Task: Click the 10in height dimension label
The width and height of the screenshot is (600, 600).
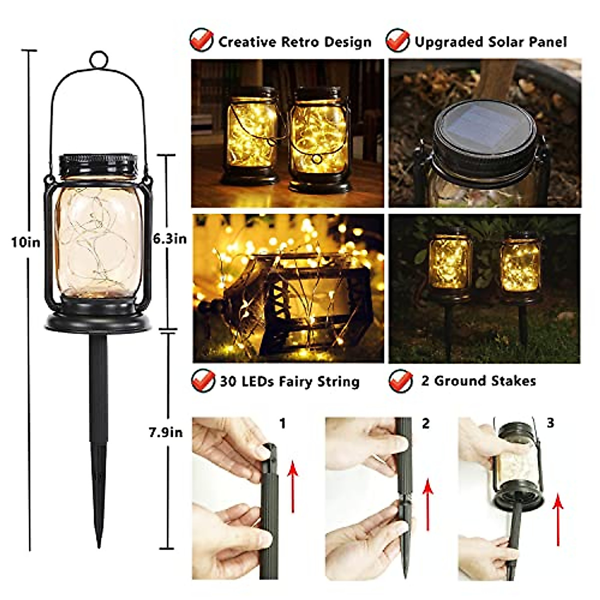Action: tap(25, 242)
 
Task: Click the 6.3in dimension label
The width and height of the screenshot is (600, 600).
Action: tap(170, 239)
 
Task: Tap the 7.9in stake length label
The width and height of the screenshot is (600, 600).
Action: tap(165, 432)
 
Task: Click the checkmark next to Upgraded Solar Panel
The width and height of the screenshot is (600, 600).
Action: tap(397, 40)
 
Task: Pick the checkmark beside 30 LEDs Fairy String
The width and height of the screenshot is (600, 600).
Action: tap(203, 381)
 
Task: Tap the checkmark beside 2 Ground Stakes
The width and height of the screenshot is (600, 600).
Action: tap(401, 380)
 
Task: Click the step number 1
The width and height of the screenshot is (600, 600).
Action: tap(282, 424)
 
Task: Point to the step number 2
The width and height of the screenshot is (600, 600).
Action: tap(425, 424)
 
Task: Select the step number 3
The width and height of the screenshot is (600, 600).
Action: tap(550, 423)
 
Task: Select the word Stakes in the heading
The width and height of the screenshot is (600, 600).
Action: tap(513, 381)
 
